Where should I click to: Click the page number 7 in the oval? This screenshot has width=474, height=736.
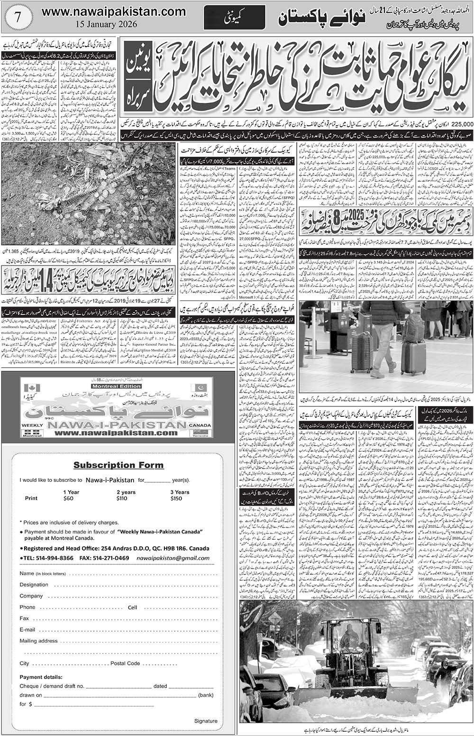pyautogui.click(x=18, y=14)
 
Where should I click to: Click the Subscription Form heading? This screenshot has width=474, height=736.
pyautogui.click(x=118, y=465)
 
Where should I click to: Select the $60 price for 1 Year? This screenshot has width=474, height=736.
pyautogui.click(x=69, y=498)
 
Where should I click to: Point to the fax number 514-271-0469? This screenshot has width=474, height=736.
pyautogui.click(x=109, y=558)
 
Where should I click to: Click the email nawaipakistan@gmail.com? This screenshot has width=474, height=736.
pyautogui.click(x=179, y=558)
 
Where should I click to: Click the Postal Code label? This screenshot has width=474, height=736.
pyautogui.click(x=125, y=663)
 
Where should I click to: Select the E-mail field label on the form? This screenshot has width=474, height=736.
pyautogui.click(x=27, y=630)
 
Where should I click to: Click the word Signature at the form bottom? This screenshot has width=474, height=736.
pyautogui.click(x=206, y=721)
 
